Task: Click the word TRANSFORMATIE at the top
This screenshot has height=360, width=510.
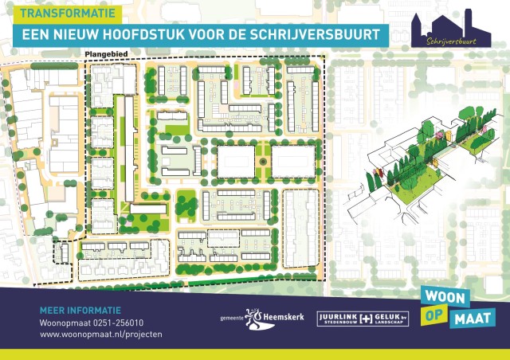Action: pyautogui.click(x=67, y=14)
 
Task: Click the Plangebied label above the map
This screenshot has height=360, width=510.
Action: pyautogui.click(x=104, y=54)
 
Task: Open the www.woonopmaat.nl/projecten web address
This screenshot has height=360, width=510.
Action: pyautogui.click(x=100, y=335)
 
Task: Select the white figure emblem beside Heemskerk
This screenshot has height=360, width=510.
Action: pyautogui.click(x=254, y=317)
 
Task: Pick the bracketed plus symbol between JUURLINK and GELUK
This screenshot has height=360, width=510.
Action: pyautogui.click(x=366, y=318)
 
